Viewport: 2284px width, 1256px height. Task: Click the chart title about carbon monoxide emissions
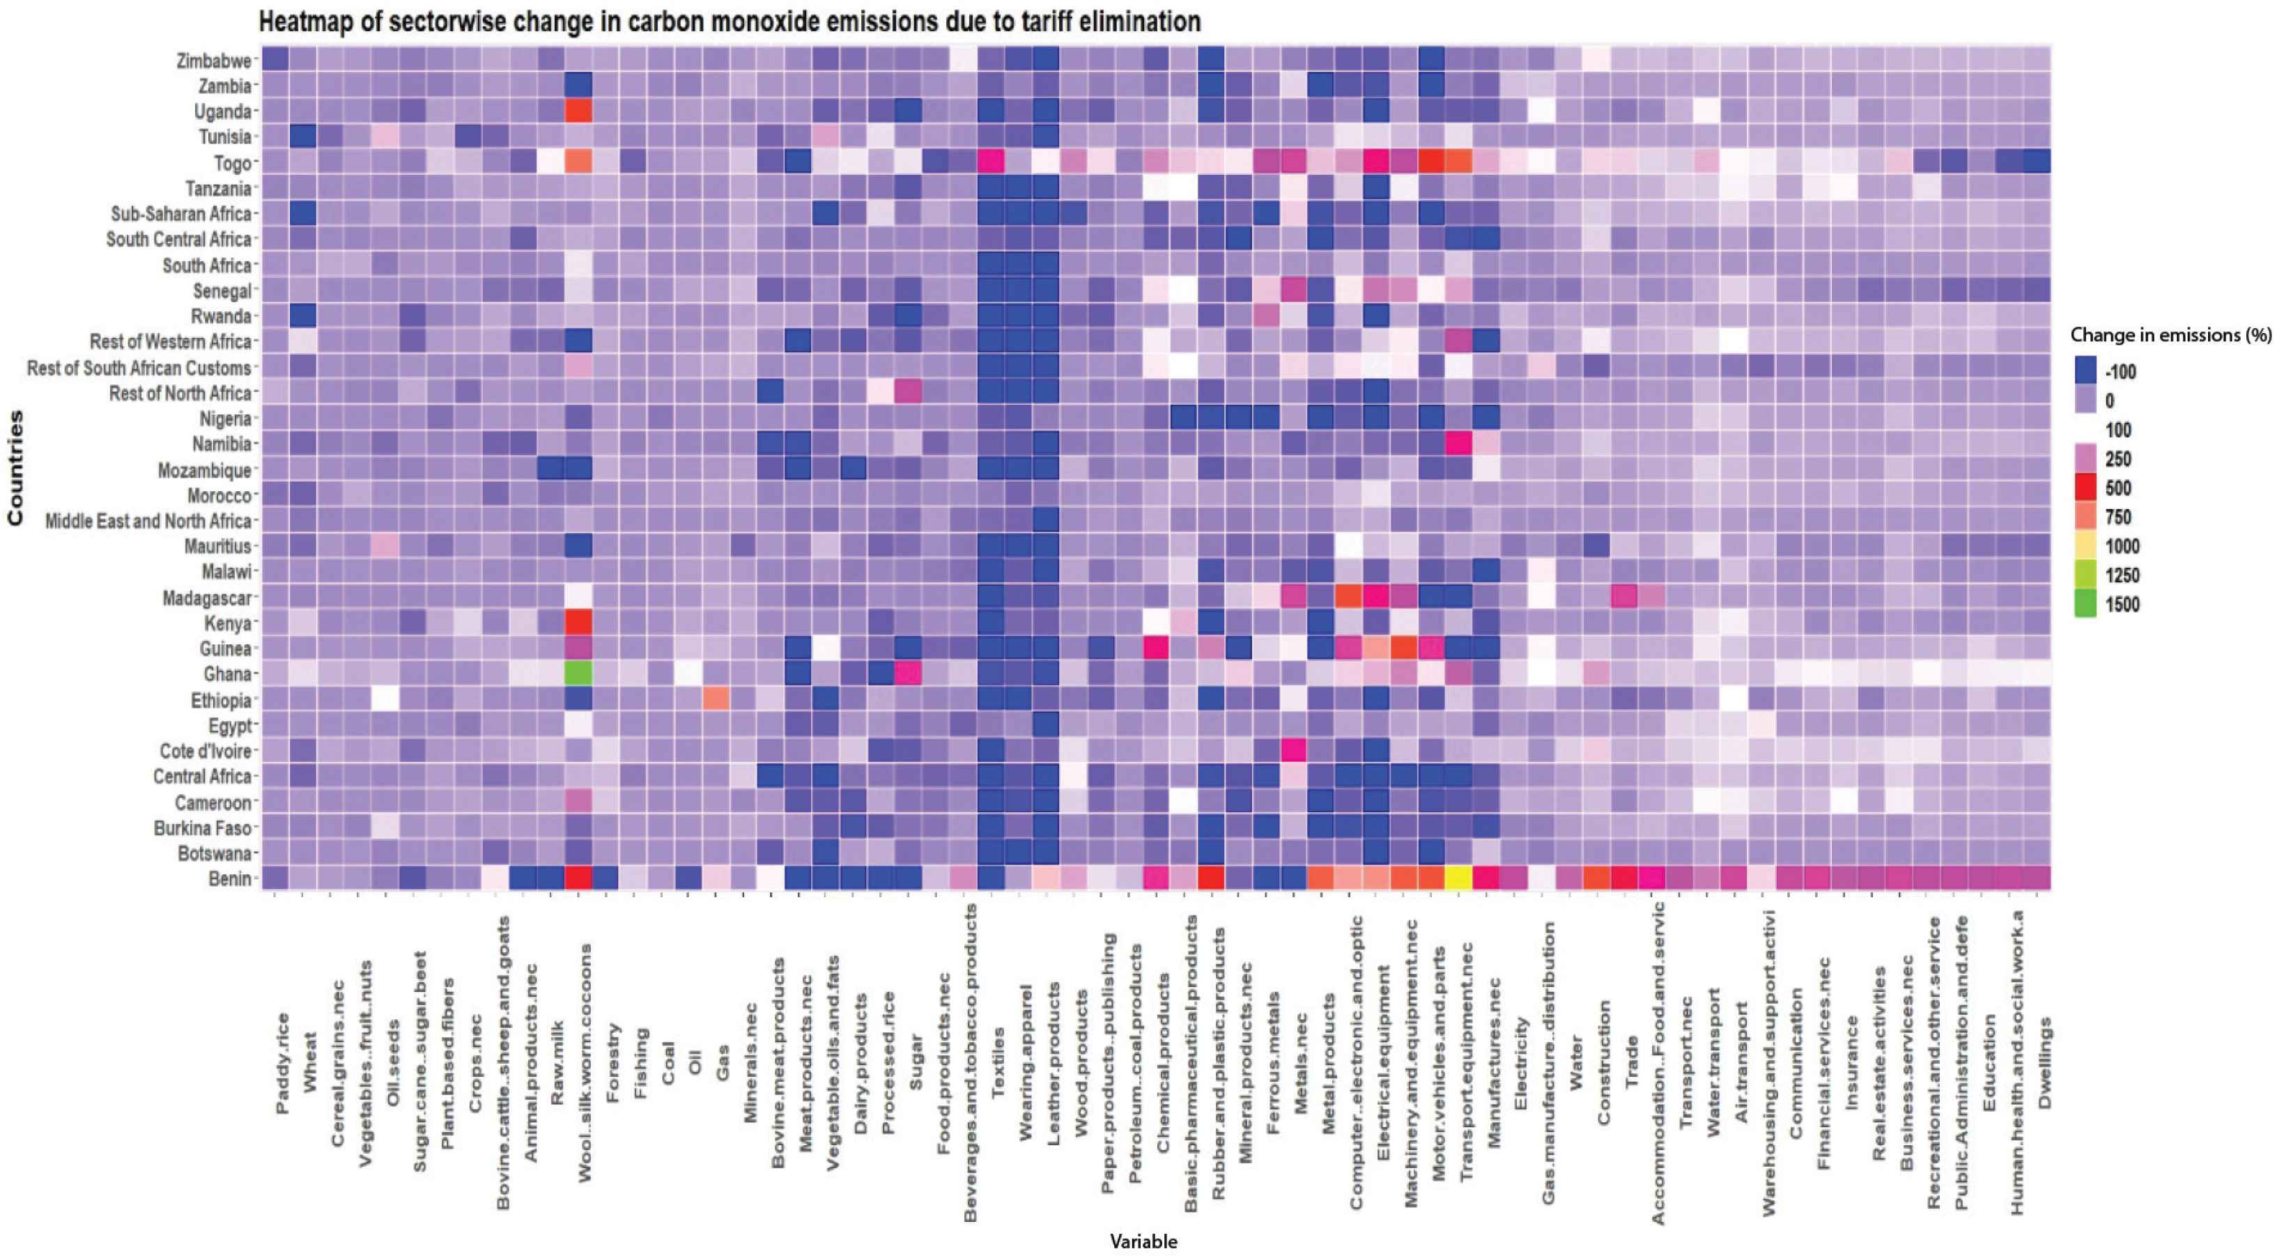(x=729, y=22)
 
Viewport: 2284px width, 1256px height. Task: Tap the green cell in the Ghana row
(x=578, y=674)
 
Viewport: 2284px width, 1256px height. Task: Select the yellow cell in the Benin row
(x=1458, y=878)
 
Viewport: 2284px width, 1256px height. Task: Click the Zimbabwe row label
(x=214, y=61)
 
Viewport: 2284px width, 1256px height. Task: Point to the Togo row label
(x=232, y=163)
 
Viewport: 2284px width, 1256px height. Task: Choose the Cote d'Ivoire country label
(x=206, y=751)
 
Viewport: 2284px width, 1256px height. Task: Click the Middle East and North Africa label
(x=148, y=521)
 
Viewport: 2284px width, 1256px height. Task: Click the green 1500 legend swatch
(x=2085, y=605)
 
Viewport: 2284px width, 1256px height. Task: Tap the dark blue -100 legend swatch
(x=2085, y=371)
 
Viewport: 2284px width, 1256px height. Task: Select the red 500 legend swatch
(x=2085, y=488)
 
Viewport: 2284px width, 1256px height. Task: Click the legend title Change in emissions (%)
(x=2170, y=335)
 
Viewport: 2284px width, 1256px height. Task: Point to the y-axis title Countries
(x=15, y=467)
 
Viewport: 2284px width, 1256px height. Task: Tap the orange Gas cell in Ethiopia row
(x=716, y=699)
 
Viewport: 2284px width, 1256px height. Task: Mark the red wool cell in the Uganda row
(x=578, y=111)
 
